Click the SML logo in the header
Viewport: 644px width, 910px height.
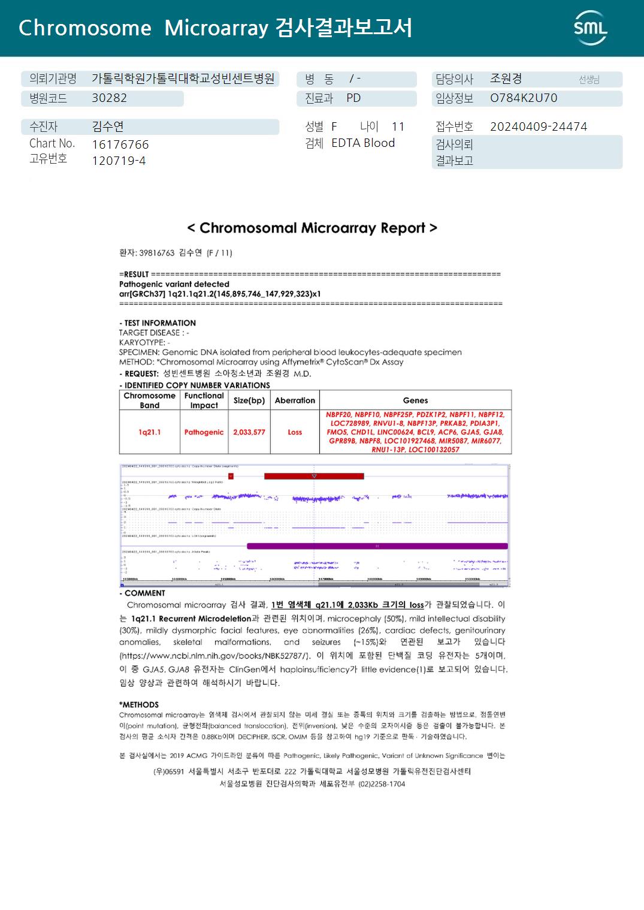click(x=590, y=28)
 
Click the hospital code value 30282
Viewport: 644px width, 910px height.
click(x=109, y=98)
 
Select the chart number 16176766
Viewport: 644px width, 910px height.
click(x=120, y=144)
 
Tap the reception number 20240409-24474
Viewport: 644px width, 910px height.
click(x=538, y=126)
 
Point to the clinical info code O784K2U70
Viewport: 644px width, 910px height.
click(x=523, y=98)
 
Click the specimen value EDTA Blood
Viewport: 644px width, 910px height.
click(x=363, y=143)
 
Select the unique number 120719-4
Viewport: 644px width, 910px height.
click(x=119, y=161)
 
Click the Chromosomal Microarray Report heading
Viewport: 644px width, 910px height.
click(x=312, y=228)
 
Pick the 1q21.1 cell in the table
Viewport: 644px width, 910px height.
click(x=149, y=432)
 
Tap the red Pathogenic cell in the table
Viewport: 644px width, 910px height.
click(x=204, y=432)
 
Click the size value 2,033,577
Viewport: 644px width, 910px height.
click(x=249, y=432)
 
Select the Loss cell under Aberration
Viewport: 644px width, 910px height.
click(x=295, y=432)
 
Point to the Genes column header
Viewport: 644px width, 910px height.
click(x=415, y=400)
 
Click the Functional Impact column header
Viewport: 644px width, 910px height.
click(x=204, y=400)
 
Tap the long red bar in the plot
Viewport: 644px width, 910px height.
click(x=314, y=476)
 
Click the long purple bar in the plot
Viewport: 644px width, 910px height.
click(x=377, y=546)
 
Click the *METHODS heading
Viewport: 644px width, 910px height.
click(x=139, y=705)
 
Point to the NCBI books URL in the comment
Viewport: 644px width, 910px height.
click(x=214, y=656)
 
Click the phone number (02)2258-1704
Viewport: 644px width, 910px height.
click(x=382, y=784)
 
